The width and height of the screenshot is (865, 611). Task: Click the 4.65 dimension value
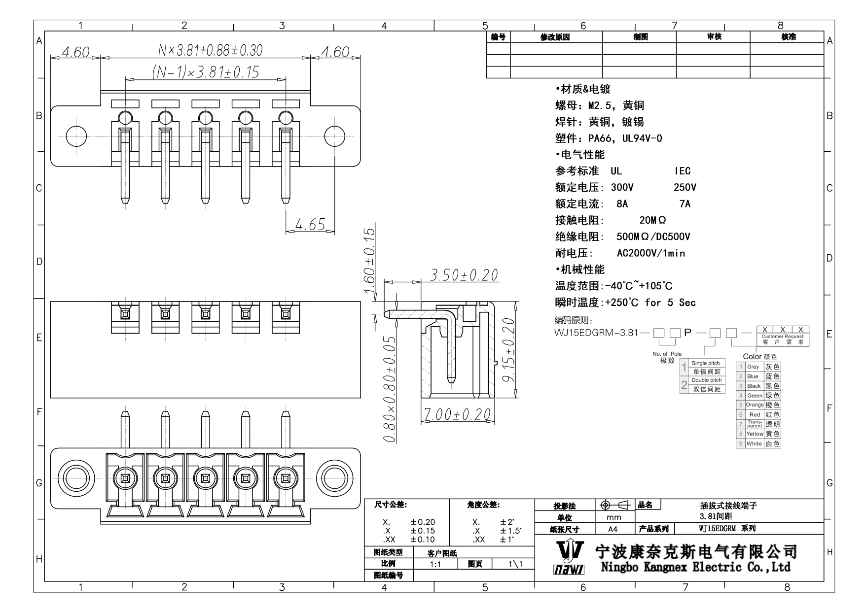[x=310, y=225]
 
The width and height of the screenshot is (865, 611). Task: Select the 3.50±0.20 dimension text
[x=464, y=275]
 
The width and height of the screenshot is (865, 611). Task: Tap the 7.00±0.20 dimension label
[x=457, y=415]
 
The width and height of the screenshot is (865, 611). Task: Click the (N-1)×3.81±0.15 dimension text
[x=206, y=72]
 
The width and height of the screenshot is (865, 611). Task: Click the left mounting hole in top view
[x=76, y=136]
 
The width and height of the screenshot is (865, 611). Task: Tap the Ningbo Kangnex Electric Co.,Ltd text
[x=695, y=567]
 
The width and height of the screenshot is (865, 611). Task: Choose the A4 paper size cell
[x=613, y=529]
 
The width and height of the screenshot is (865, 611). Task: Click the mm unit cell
[x=613, y=517]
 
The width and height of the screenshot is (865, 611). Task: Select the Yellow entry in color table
[x=755, y=434]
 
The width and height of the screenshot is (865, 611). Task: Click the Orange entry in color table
[x=755, y=405]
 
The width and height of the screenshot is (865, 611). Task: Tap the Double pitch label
[x=706, y=380]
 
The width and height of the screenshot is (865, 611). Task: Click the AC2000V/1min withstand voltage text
[x=651, y=253]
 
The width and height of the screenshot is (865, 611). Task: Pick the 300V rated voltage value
[x=622, y=188]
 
